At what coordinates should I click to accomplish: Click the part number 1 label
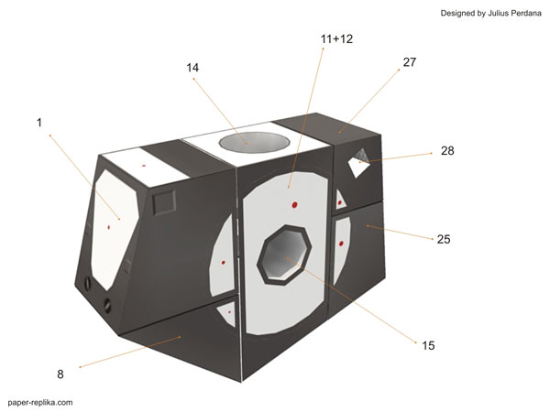39,122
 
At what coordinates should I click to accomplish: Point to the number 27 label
409,62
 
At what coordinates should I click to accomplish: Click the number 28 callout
446,150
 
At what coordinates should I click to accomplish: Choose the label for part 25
444,239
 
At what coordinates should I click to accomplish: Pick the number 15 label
428,345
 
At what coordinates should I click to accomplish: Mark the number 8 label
60,374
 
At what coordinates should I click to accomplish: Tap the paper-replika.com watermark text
39,401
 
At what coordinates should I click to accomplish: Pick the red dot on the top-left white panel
144,166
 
